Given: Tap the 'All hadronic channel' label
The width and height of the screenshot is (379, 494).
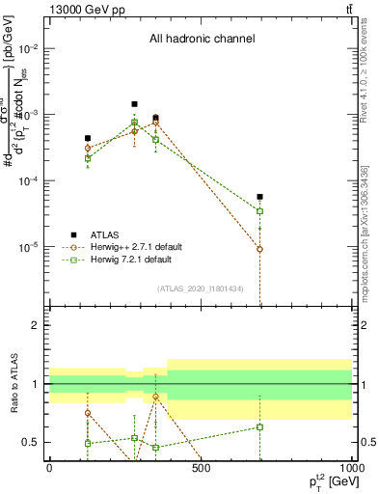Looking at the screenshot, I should (202, 40).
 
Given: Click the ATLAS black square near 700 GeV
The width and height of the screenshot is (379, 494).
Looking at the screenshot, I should (259, 197).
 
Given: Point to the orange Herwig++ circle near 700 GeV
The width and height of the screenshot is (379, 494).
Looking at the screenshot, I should (259, 249).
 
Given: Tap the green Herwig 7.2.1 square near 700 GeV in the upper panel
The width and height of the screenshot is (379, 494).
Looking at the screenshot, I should (259, 210).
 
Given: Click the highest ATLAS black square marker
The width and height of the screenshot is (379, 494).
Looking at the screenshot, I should (134, 104).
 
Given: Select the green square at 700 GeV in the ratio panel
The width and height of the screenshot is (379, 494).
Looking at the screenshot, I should (259, 426).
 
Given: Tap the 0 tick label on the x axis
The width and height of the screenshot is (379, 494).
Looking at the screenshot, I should (49, 468).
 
